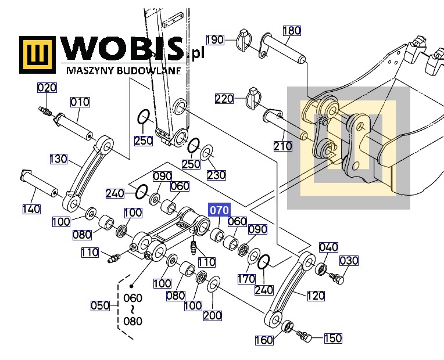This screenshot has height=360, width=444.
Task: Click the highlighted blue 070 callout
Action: (x=219, y=210)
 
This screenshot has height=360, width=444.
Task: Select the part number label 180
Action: (x=292, y=31)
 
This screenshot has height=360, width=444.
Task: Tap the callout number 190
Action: (x=215, y=40)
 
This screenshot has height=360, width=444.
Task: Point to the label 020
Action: (x=47, y=88)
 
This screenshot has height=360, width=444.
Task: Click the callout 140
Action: (x=31, y=209)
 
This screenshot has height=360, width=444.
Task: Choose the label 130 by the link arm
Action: (x=58, y=159)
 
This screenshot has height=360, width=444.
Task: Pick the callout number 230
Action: (x=216, y=175)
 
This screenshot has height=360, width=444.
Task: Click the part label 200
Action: (x=212, y=315)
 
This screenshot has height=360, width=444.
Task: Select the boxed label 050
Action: (x=100, y=305)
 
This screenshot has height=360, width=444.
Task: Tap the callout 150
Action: (x=333, y=338)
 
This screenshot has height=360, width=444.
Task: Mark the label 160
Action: (x=264, y=340)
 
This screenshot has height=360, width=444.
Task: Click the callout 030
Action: (x=349, y=261)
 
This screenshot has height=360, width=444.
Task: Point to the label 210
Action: (x=282, y=146)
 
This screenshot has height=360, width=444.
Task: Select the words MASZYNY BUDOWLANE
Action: (x=123, y=70)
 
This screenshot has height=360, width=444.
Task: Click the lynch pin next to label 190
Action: (x=244, y=40)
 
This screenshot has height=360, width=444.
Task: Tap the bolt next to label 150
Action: (x=305, y=336)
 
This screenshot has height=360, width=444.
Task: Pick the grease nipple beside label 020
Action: (x=45, y=111)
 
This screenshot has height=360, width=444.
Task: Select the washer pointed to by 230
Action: (x=207, y=152)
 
